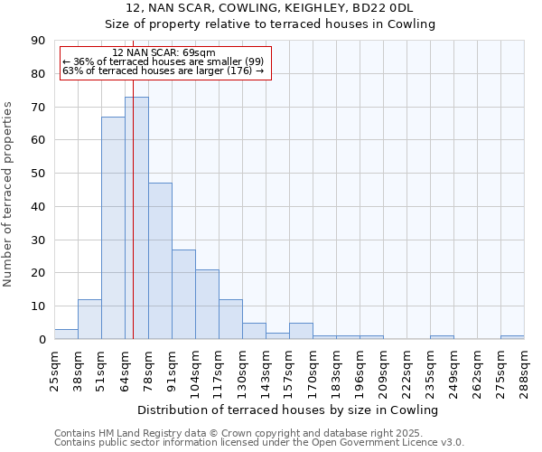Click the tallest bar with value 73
click(136, 218)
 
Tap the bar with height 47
click(160, 261)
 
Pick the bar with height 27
click(183, 295)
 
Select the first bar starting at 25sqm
click(66, 334)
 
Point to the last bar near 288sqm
click(512, 337)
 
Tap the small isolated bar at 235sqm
click(442, 337)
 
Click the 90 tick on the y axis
click(39, 41)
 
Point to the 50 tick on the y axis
click(39, 174)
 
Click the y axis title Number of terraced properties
click(8, 193)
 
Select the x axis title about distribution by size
click(288, 410)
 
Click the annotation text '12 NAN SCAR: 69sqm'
click(164, 52)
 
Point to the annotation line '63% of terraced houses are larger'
click(163, 71)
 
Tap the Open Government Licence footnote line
click(258, 442)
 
